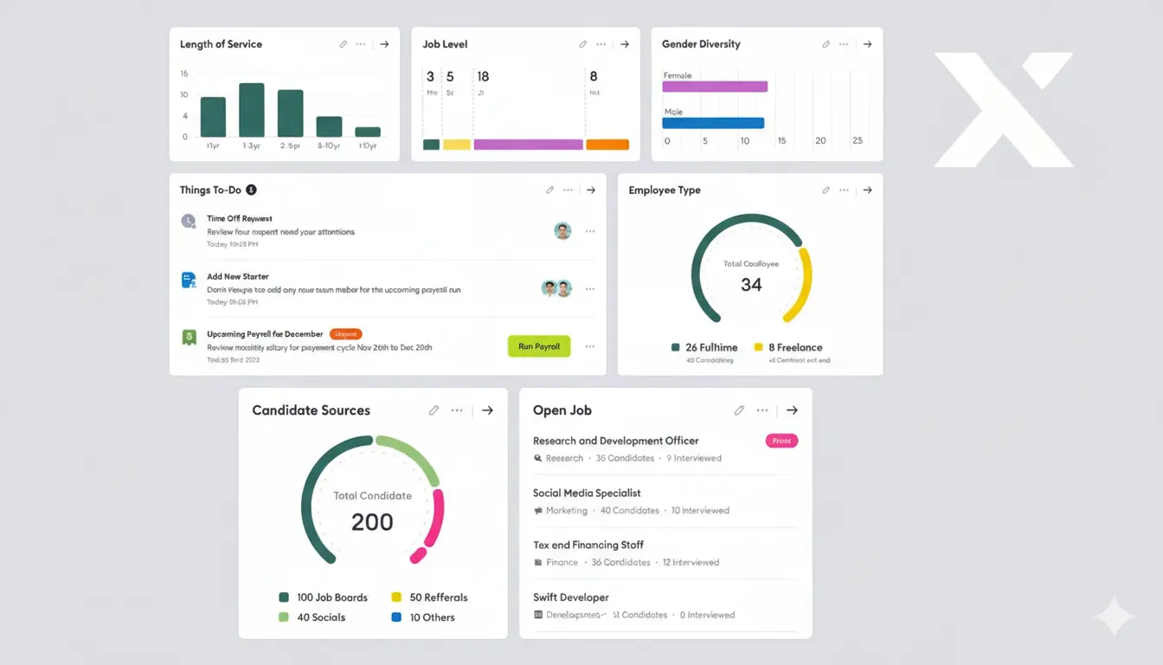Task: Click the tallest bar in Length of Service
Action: click(x=252, y=110)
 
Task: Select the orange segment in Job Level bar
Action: click(x=607, y=145)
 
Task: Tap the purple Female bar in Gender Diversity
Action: click(x=715, y=87)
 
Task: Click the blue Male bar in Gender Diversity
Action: click(x=713, y=123)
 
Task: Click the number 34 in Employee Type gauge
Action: click(x=751, y=285)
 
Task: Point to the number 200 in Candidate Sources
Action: click(x=372, y=522)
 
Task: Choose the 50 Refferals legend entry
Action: click(x=429, y=597)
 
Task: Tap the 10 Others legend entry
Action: click(x=423, y=617)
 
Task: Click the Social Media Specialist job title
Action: click(x=587, y=493)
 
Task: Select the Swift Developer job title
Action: click(x=571, y=597)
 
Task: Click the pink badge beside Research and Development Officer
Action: click(x=781, y=441)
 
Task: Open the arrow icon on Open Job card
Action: click(x=792, y=410)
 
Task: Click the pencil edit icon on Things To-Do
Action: click(x=549, y=190)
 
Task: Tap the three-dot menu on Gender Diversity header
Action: click(x=844, y=44)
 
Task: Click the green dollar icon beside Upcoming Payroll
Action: click(x=189, y=338)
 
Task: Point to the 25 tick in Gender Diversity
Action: click(x=858, y=140)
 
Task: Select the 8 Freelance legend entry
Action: click(x=790, y=347)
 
